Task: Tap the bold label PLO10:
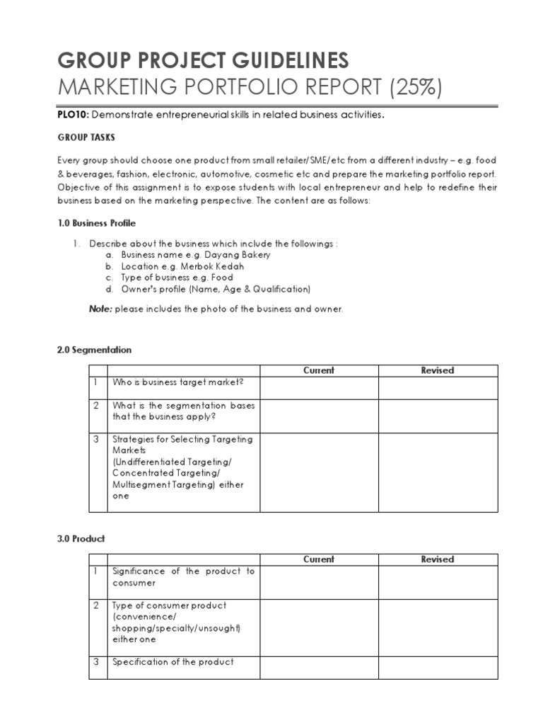73,115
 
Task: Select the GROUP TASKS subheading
86,137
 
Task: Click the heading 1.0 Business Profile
96,223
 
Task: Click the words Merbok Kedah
212,266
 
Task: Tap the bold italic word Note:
100,309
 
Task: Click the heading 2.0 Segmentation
94,350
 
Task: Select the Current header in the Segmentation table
319,370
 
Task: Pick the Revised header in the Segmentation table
438,370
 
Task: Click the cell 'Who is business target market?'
177,382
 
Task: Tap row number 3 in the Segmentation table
96,439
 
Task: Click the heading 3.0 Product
81,539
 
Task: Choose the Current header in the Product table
319,559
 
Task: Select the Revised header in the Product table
438,559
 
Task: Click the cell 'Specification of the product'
173,662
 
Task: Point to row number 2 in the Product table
96,605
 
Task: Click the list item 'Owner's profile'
216,289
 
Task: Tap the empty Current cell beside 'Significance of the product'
319,582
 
